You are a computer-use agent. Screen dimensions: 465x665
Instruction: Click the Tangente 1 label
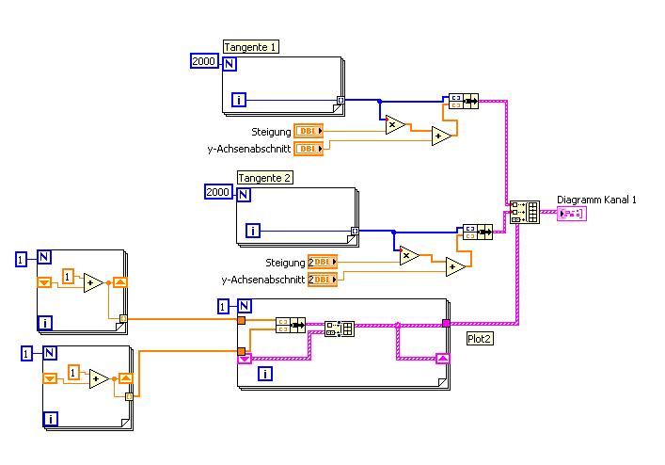(x=251, y=45)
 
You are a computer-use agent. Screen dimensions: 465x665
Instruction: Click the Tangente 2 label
(x=265, y=177)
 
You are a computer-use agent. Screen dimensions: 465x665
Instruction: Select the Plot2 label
(x=480, y=339)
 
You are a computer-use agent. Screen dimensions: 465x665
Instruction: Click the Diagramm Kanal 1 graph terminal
(x=571, y=215)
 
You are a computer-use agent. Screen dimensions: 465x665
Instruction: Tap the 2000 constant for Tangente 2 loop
(x=217, y=193)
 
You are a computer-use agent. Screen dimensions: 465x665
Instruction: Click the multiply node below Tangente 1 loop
(x=394, y=123)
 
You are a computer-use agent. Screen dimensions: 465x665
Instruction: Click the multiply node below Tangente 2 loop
(x=408, y=255)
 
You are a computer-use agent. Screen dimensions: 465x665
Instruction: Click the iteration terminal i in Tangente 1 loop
(x=240, y=99)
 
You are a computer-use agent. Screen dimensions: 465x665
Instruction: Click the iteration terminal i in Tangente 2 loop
(x=253, y=231)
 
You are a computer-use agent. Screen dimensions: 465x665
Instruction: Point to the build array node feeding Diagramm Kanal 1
(x=523, y=212)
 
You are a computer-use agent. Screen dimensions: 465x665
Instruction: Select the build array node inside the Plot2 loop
(x=339, y=329)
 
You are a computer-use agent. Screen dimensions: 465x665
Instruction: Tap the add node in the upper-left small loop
(x=92, y=282)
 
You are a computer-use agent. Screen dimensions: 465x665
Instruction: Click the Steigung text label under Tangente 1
(x=271, y=132)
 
